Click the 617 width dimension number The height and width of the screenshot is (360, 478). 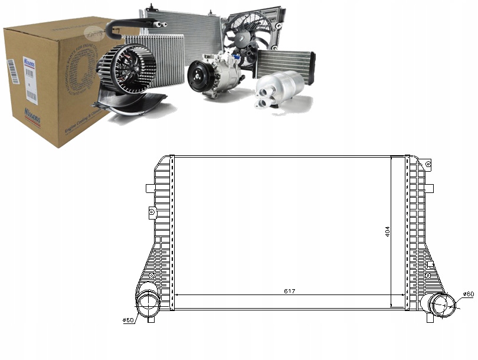tap(289, 291)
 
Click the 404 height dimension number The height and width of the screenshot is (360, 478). tap(387, 231)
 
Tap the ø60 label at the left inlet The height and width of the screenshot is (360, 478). tap(128, 320)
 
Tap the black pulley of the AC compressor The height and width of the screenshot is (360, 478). tap(198, 76)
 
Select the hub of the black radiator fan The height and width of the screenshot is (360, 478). tap(247, 37)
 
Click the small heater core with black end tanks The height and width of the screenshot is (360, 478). tap(284, 62)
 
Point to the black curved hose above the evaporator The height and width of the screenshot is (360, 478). tap(133, 24)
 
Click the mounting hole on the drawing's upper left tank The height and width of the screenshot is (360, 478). tap(152, 211)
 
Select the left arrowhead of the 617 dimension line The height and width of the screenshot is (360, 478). tap(176, 295)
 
